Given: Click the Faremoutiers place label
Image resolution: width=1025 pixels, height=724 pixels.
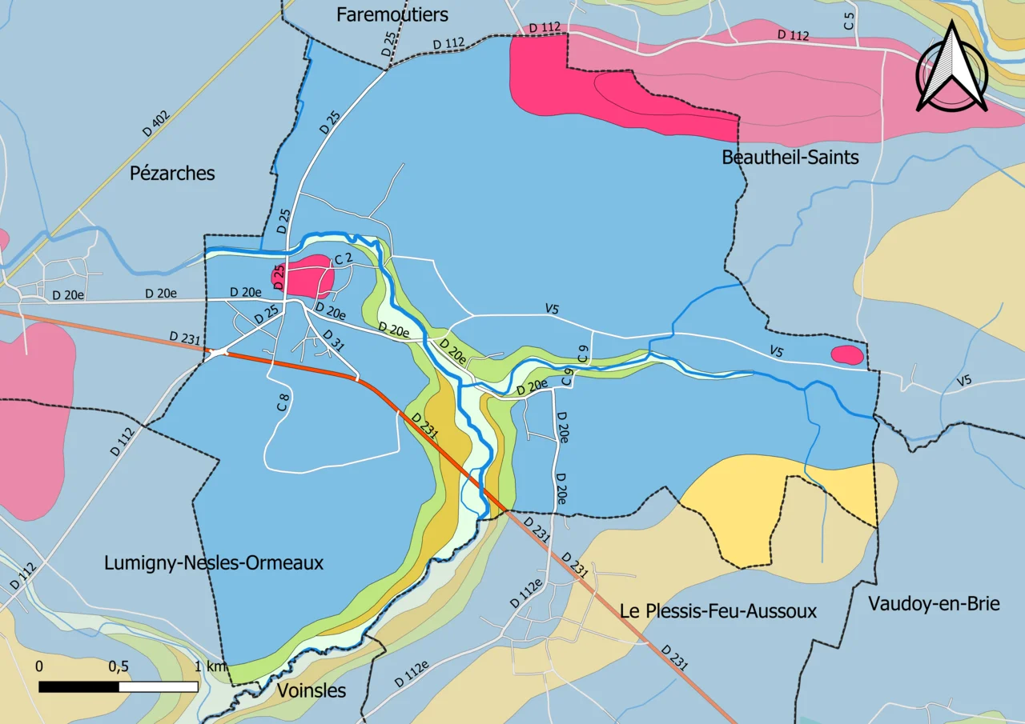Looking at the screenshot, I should [x=392, y=14].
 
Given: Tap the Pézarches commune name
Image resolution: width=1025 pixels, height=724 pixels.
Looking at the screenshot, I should [x=172, y=173].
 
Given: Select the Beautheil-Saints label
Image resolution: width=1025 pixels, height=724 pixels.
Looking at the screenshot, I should [x=790, y=157].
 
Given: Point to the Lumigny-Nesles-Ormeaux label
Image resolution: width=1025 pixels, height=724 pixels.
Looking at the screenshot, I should [x=214, y=562].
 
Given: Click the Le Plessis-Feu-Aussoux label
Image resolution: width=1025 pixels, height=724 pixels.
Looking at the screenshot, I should [x=718, y=611].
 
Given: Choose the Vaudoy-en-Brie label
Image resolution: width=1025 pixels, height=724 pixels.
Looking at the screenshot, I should [x=934, y=603].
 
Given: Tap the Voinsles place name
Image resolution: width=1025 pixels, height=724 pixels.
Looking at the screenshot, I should [x=312, y=690].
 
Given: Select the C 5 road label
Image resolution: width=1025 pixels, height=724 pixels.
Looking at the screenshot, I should [x=849, y=22].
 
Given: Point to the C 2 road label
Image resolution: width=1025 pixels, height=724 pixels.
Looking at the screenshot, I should [x=343, y=259].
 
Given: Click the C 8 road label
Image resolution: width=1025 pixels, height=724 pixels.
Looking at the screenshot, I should [x=283, y=402].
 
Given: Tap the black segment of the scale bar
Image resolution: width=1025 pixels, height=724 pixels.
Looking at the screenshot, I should [x=79, y=686].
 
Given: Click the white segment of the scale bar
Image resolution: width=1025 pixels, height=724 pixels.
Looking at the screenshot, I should [x=159, y=686].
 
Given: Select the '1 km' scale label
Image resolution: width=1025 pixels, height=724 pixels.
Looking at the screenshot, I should [x=212, y=666].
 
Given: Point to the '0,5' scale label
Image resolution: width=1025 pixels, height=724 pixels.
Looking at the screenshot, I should [x=119, y=666].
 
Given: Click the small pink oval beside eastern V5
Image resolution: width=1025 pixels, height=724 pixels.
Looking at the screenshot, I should [x=847, y=354].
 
